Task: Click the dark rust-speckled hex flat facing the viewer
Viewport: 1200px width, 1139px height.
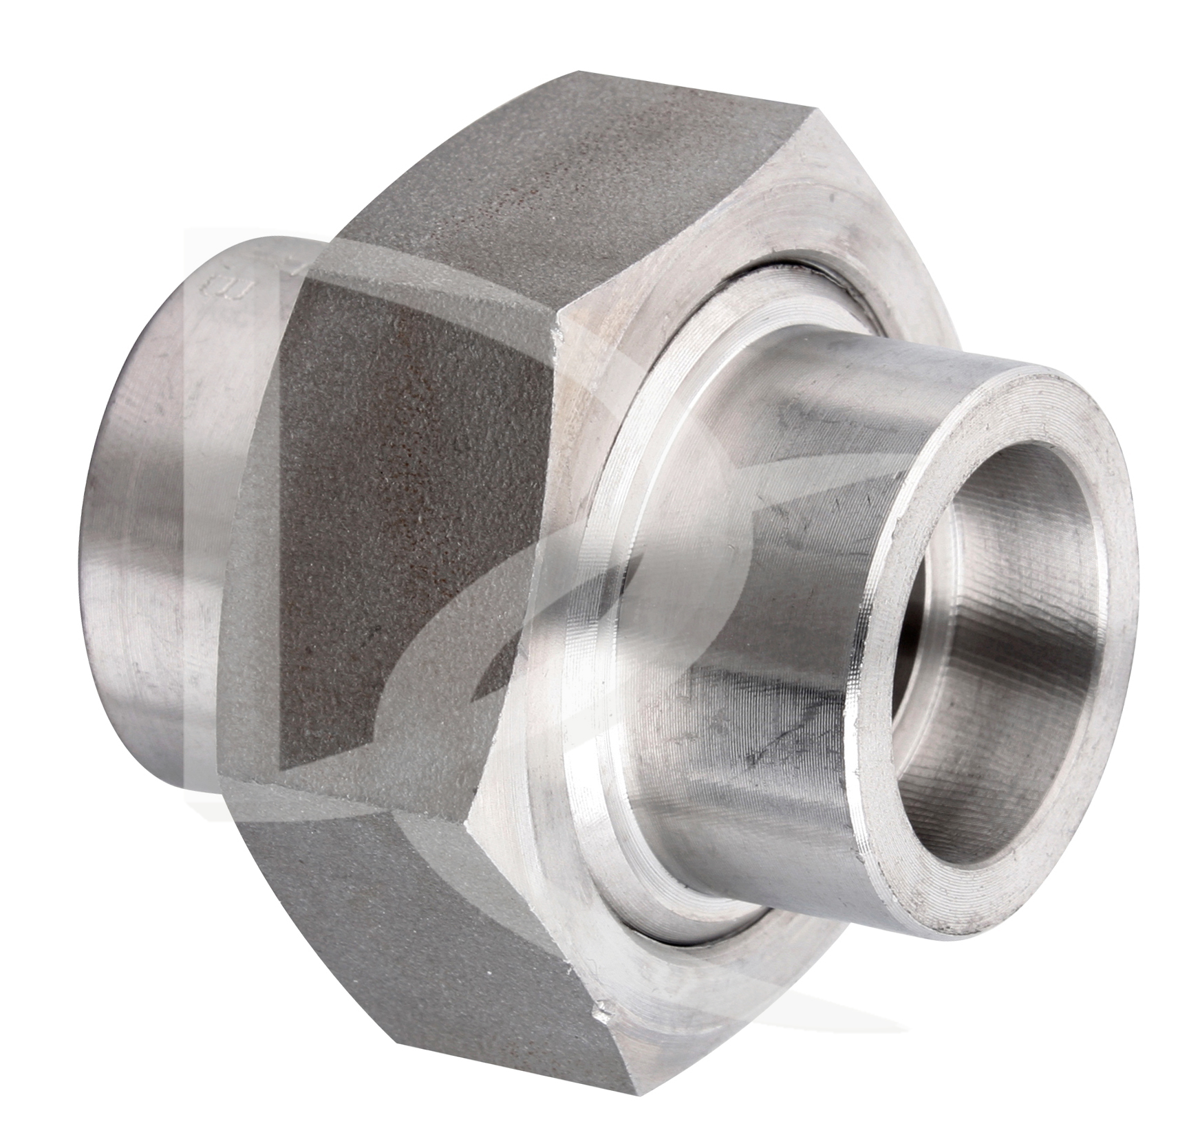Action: click(x=413, y=550)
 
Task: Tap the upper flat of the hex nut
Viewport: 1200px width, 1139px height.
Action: click(x=516, y=193)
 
